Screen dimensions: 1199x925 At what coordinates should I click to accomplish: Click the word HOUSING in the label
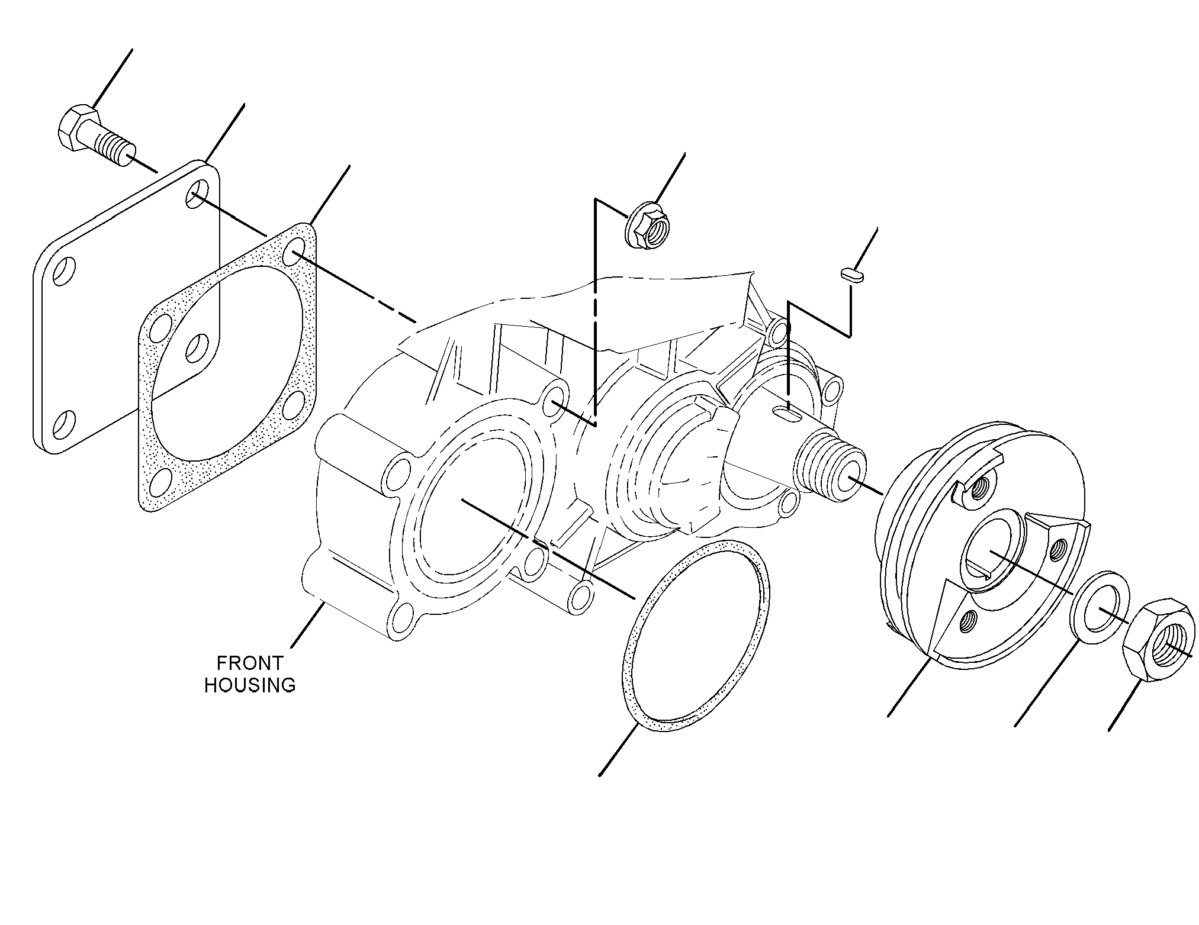tap(250, 685)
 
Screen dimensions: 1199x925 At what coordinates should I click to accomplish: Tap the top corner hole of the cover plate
tap(197, 194)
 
